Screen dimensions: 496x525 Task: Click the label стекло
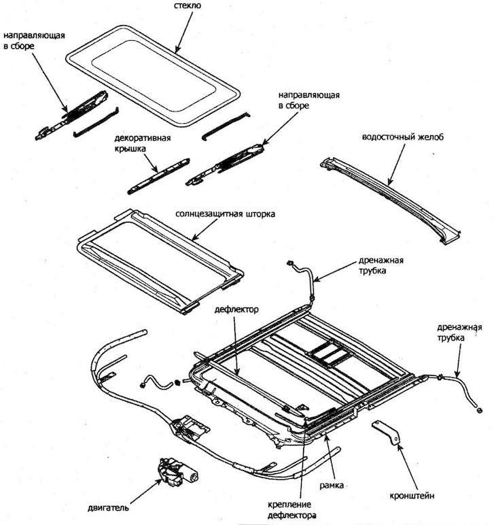pyautogui.click(x=188, y=5)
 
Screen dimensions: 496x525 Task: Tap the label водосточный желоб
pyautogui.click(x=403, y=137)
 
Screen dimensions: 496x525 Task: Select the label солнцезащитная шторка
pyautogui.click(x=225, y=214)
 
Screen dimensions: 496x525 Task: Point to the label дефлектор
pyautogui.click(x=236, y=309)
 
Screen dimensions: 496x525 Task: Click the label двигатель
pyautogui.click(x=108, y=508)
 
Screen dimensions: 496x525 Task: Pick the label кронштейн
pyautogui.click(x=412, y=496)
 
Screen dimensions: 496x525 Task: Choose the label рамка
pyautogui.click(x=332, y=485)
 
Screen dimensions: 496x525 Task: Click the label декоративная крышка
pyautogui.click(x=143, y=143)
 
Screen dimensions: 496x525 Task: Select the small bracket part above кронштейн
pyautogui.click(x=386, y=433)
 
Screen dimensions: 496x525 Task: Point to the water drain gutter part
pyautogui.click(x=389, y=200)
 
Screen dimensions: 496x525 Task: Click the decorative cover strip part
pyautogui.click(x=158, y=176)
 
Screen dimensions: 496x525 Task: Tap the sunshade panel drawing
pyautogui.click(x=160, y=261)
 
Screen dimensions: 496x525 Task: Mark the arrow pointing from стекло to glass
pyautogui.click(x=184, y=33)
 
